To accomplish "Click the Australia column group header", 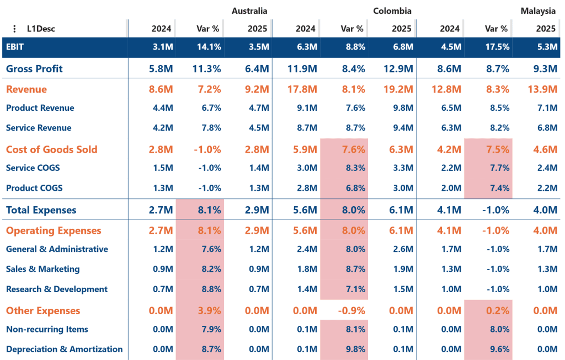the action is coord(249,11).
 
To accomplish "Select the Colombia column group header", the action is coord(392,11).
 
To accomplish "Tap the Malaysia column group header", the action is coord(538,11).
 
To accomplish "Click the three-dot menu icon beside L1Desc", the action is coord(14,29).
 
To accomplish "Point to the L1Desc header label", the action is coord(41,29).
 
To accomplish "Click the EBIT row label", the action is coord(15,47).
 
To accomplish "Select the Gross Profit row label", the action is coord(34,69).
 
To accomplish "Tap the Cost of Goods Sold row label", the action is coord(51,149).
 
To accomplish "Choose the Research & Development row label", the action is coord(57,289).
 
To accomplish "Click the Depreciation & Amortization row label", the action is coord(64,349).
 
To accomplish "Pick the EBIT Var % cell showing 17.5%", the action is coord(497,47).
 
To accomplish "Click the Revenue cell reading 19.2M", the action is coord(398,89).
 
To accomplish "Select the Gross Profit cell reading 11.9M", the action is coord(302,69).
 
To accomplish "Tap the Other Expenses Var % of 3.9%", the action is coord(209,311).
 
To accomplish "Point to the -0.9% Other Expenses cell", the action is coord(351,311).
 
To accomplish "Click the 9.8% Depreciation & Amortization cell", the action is coord(355,349).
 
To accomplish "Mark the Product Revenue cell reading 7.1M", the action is coord(547,108).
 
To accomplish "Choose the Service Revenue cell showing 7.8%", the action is coord(211,128).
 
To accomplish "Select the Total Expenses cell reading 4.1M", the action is coord(449,210).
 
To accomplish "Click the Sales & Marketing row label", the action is coord(43,269).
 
